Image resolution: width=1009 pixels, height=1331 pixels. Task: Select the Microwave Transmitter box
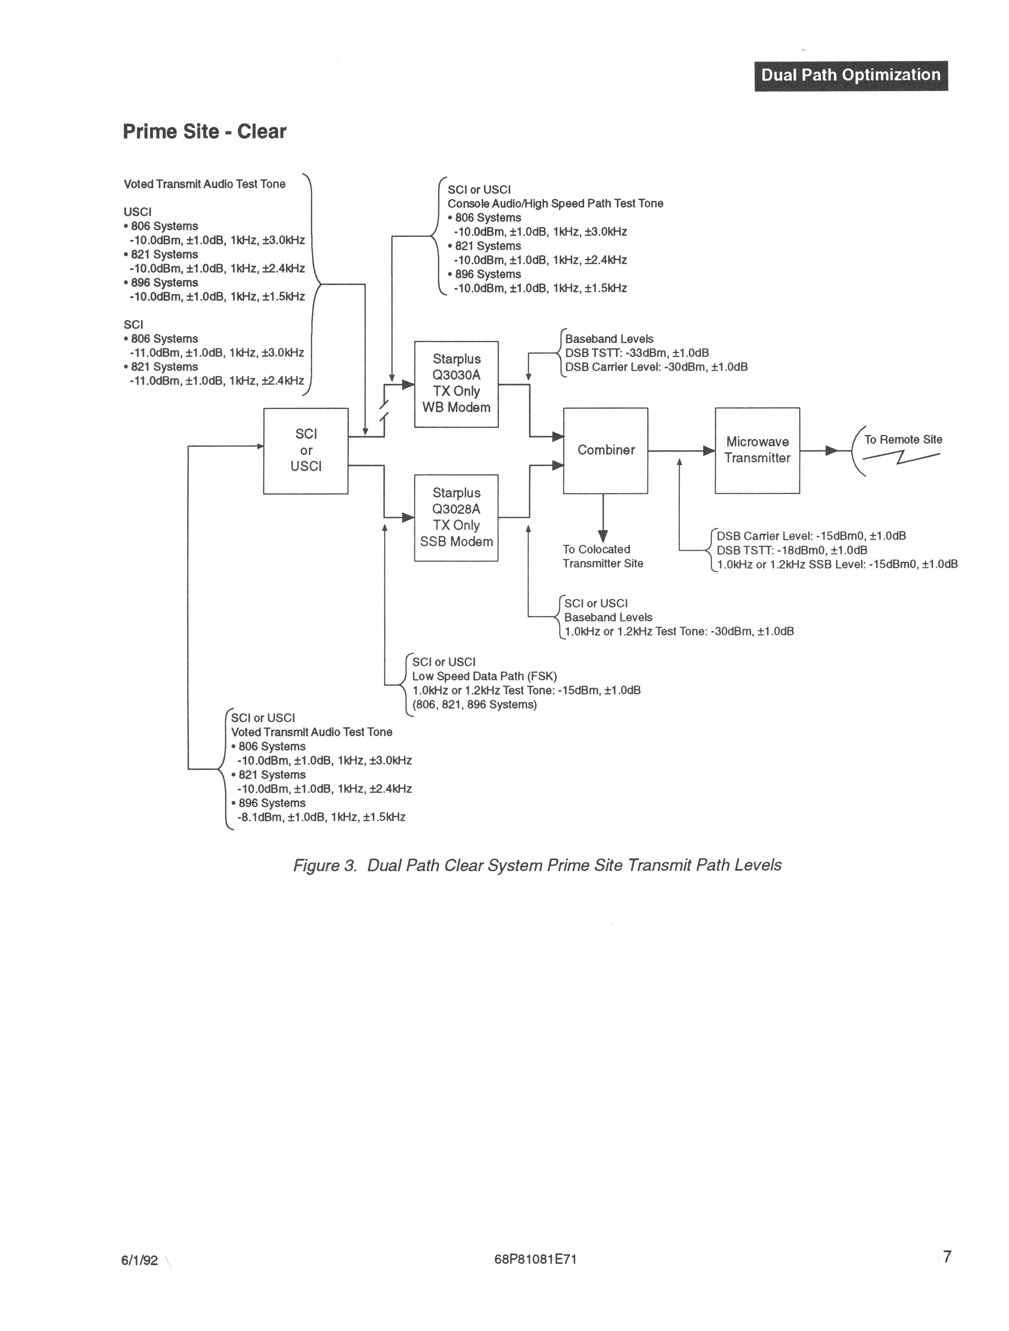pos(757,451)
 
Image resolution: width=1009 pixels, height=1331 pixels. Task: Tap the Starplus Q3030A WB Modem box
pos(456,384)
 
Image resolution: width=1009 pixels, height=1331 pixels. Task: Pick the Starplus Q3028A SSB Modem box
pos(456,517)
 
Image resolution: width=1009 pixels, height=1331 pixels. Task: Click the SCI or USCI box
pos(306,451)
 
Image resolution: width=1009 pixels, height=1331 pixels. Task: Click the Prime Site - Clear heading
pos(204,132)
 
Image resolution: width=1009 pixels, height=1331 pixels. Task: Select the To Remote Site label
pos(902,440)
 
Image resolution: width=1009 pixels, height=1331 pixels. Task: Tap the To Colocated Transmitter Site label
pos(602,557)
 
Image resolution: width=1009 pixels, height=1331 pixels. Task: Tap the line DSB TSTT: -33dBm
pos(637,353)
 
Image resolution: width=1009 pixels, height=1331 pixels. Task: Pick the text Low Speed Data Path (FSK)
pos(484,676)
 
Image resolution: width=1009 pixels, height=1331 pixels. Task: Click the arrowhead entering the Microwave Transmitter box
pos(709,451)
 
